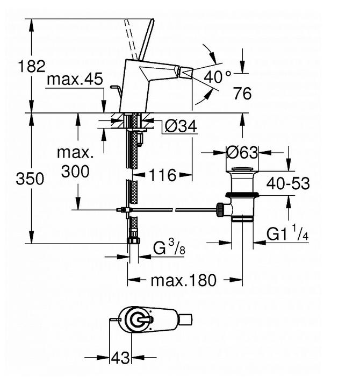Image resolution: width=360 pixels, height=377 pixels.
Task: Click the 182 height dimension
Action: pyautogui.click(x=31, y=67)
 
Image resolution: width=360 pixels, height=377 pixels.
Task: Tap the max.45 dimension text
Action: pyautogui.click(x=75, y=80)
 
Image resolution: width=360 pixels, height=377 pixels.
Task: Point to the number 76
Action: pyautogui.click(x=242, y=94)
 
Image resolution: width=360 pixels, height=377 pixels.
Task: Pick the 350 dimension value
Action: pyautogui.click(x=30, y=179)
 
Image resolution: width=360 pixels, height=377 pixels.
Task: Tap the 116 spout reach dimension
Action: pyautogui.click(x=163, y=175)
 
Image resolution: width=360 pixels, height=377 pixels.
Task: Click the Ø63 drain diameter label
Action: pyautogui.click(x=242, y=153)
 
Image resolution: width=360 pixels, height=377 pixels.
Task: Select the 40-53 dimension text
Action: pyautogui.click(x=290, y=183)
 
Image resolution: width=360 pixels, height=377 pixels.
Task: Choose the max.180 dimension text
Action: pyautogui.click(x=183, y=280)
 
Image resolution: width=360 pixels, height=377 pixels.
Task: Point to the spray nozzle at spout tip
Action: pyautogui.click(x=185, y=72)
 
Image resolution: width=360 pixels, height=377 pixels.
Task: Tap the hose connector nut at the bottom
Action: pyautogui.click(x=134, y=240)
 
